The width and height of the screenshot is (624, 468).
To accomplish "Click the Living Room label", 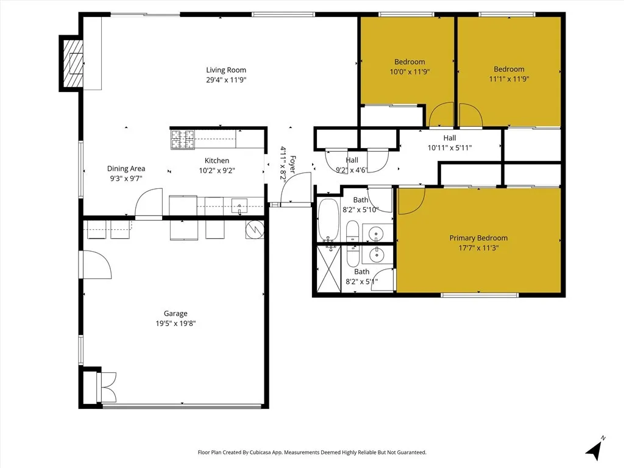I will pos(226,70).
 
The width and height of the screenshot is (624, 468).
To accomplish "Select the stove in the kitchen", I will pos(182,140).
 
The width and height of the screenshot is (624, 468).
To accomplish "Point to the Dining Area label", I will pos(126,169).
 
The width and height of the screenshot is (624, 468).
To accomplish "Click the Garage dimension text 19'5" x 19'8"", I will pos(175,324).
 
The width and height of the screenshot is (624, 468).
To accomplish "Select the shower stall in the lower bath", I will pos(327,269).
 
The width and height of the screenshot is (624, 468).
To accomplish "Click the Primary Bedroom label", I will pos(478,238).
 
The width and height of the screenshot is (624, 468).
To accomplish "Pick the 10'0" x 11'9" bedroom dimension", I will pos(409,71).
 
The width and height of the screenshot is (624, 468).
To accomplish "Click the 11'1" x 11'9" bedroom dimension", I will pos(509,79).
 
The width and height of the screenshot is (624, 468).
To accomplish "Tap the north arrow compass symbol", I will pos(594,448).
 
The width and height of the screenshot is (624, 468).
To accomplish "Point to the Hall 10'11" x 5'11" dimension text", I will pos(450,147).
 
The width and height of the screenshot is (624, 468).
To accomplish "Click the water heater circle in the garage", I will pos(254,229).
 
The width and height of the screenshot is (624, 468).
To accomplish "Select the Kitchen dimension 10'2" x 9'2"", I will pos(217,171).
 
